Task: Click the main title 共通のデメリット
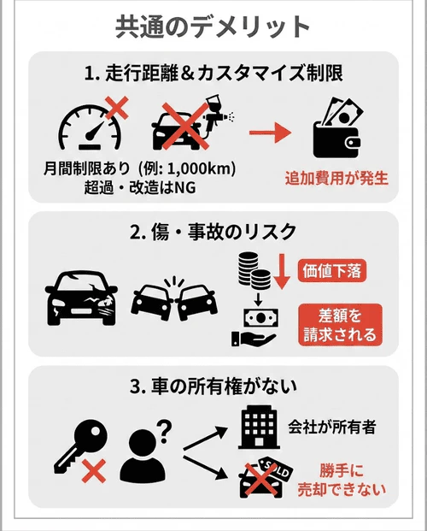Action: pyautogui.click(x=213, y=27)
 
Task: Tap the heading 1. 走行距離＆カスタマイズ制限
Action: pyautogui.click(x=213, y=74)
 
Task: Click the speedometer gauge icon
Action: pyautogui.click(x=86, y=127)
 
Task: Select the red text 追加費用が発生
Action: pyautogui.click(x=336, y=179)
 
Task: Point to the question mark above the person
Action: pyautogui.click(x=162, y=426)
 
